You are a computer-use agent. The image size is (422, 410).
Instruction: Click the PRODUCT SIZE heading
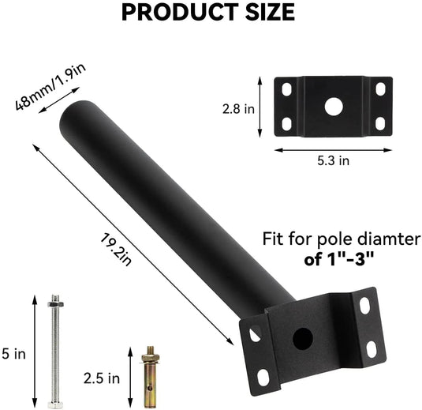tap(208, 13)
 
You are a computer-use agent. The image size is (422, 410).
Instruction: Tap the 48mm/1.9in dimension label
tap(50, 87)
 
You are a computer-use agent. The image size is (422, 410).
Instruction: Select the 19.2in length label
tap(116, 250)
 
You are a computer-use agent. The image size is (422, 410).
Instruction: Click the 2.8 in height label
tap(238, 109)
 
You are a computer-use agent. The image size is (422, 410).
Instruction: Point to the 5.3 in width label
tap(333, 160)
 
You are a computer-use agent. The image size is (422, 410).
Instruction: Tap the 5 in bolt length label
tap(14, 354)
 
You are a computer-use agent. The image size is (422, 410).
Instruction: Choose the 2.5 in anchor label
tap(102, 378)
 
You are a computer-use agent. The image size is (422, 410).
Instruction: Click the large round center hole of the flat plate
tap(334, 107)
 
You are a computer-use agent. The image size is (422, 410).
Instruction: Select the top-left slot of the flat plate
tap(287, 89)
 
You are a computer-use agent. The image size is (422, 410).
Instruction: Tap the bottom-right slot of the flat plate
tap(380, 124)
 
